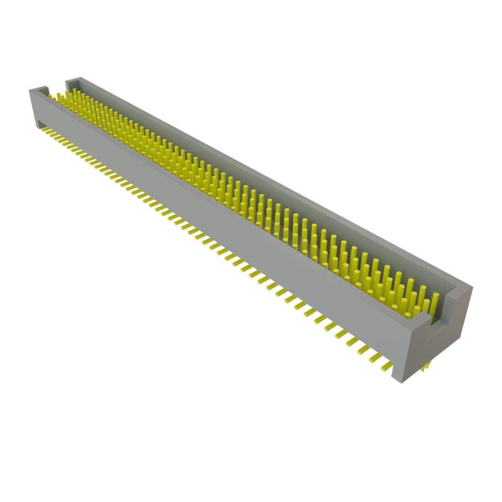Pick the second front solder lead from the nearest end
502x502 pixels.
coord(376,359)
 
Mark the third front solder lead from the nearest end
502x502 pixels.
coord(364,353)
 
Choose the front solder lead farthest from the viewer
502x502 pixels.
coord(45,130)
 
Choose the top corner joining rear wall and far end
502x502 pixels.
coord(74,78)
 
